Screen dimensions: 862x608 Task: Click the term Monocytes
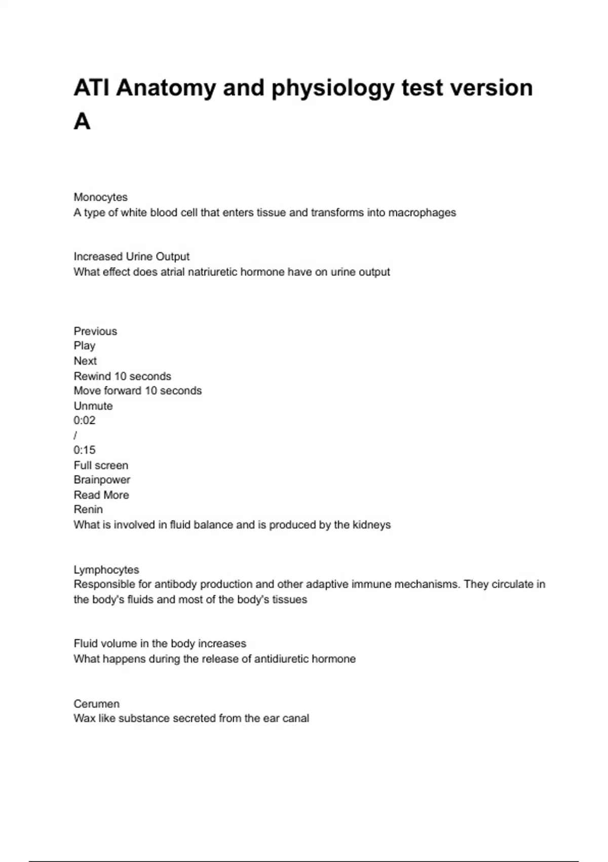pyautogui.click(x=100, y=197)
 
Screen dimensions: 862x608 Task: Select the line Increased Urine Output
pyautogui.click(x=132, y=257)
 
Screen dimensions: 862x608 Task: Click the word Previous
pyautogui.click(x=95, y=331)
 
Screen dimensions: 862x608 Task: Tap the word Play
pyautogui.click(x=85, y=346)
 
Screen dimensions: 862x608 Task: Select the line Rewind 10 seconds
pyautogui.click(x=122, y=376)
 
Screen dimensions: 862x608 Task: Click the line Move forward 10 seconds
pyautogui.click(x=137, y=391)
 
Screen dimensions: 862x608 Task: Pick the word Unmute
pyautogui.click(x=93, y=406)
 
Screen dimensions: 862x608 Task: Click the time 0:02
pyautogui.click(x=85, y=420)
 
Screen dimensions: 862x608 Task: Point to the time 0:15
pyautogui.click(x=85, y=450)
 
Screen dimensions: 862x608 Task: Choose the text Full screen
pyautogui.click(x=101, y=465)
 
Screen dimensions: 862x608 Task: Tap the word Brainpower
pyautogui.click(x=102, y=480)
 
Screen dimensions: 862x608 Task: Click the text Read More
pyautogui.click(x=101, y=495)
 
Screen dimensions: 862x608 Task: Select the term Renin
pyautogui.click(x=88, y=510)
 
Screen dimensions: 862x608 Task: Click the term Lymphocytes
pyautogui.click(x=106, y=570)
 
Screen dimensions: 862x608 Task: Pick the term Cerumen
pyautogui.click(x=97, y=704)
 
